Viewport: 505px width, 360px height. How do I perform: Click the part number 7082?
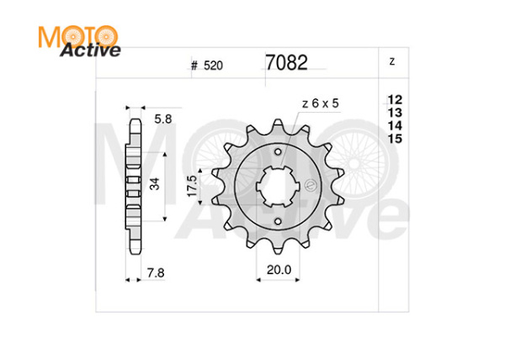pos(286,63)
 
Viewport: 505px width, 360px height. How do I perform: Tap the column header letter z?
pos(392,62)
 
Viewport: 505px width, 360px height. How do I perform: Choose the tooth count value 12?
pos(394,99)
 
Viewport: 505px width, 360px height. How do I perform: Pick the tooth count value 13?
pos(394,112)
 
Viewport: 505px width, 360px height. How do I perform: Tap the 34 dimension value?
pos(154,185)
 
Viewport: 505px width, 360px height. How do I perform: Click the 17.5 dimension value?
pos(192,185)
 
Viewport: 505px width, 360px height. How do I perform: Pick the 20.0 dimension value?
pos(279,269)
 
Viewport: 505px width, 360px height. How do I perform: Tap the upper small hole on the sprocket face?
pos(279,149)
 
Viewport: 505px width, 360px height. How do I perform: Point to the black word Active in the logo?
pos(90,50)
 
